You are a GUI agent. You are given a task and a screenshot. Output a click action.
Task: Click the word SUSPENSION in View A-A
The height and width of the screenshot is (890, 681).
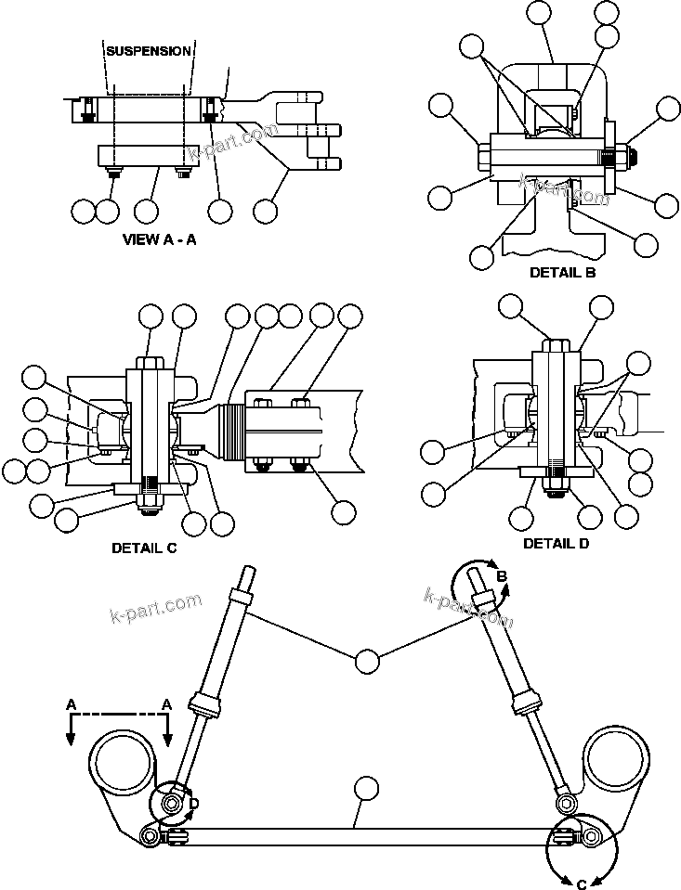149,51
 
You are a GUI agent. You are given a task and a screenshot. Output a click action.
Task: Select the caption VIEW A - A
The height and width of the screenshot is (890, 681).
160,239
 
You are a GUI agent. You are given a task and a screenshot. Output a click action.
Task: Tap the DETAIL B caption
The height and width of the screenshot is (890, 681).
562,273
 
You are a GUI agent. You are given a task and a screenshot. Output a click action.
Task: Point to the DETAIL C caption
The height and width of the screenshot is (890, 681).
144,548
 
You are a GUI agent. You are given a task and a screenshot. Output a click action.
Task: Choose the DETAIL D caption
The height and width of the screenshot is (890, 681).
556,543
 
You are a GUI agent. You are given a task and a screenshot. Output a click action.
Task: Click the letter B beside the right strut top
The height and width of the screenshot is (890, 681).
502,576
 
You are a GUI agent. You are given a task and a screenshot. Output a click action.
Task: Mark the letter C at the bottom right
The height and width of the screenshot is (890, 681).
582,883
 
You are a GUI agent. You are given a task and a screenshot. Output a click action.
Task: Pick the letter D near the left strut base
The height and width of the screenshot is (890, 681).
193,804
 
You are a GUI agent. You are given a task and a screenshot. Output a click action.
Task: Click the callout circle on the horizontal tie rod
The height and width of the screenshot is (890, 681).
367,789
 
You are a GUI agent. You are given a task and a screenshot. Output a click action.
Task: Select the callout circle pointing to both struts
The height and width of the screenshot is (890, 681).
367,661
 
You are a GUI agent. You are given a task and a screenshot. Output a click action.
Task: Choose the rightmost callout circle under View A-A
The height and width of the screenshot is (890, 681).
266,211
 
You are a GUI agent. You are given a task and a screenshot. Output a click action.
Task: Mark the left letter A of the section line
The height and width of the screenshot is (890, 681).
71,705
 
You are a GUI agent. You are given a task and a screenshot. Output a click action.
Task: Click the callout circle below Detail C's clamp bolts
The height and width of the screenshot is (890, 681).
344,510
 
